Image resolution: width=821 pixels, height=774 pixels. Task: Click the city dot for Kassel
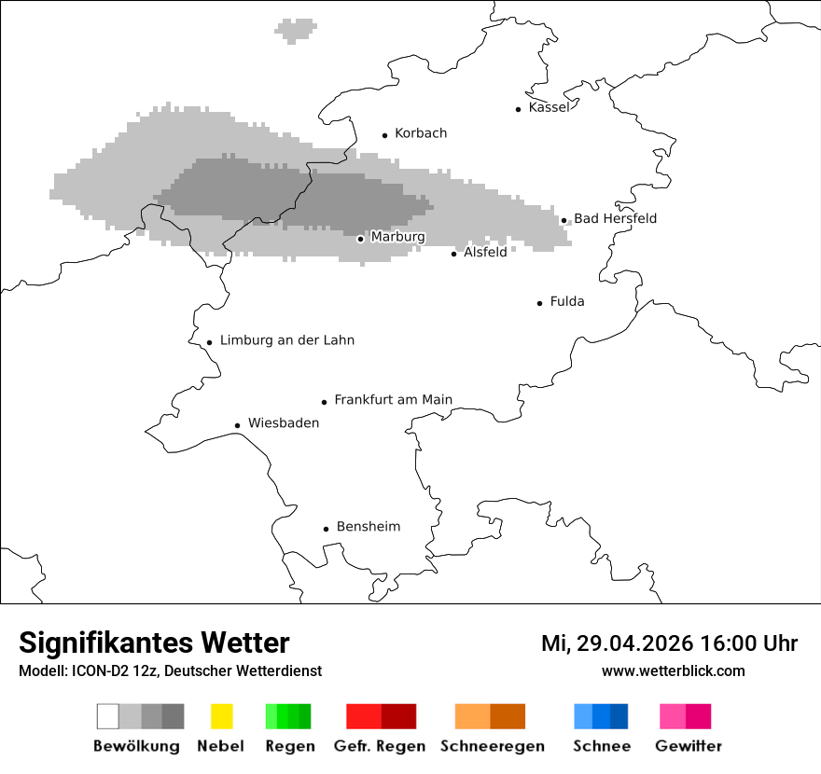click(518, 109)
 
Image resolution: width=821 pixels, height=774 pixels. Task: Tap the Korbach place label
click(421, 133)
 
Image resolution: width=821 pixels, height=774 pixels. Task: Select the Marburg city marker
click(360, 239)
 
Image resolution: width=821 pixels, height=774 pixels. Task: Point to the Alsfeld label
click(485, 252)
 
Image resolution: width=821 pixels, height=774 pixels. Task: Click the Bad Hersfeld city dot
click(564, 221)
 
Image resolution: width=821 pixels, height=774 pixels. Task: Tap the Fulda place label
click(567, 301)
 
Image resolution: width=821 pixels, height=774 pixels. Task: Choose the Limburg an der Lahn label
click(286, 340)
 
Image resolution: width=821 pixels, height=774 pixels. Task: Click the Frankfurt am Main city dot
click(324, 402)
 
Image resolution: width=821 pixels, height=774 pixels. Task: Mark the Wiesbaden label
click(284, 423)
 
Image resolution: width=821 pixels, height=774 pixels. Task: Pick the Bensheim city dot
click(326, 529)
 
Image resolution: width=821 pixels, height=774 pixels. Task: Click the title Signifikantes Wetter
click(154, 643)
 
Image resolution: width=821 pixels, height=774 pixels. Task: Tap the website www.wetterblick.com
click(673, 671)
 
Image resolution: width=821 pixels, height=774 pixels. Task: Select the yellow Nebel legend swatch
click(221, 716)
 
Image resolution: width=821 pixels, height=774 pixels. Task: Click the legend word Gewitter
click(689, 746)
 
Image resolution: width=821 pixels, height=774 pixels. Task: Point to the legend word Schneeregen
click(493, 746)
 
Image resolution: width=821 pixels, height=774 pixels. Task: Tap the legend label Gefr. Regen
click(380, 746)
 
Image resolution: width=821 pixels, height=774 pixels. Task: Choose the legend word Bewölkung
click(136, 746)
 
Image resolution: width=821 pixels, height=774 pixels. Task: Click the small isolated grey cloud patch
click(296, 30)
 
